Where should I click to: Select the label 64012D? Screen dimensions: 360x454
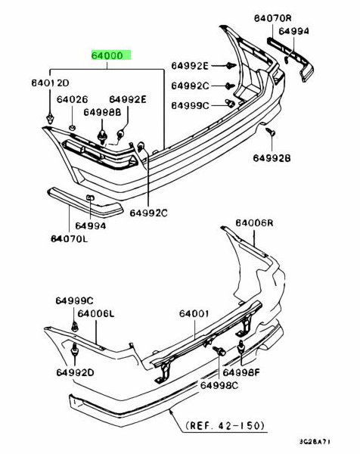50,83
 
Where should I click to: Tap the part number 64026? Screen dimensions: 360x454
72,99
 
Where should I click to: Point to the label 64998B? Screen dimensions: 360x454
102,112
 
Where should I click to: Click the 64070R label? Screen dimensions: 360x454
273,18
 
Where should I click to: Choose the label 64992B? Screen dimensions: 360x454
272,158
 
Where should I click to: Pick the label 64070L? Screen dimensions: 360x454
70,238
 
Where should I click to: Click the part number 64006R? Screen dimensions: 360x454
254,223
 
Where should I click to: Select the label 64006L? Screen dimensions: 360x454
96,313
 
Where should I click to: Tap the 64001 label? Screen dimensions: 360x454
194,313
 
